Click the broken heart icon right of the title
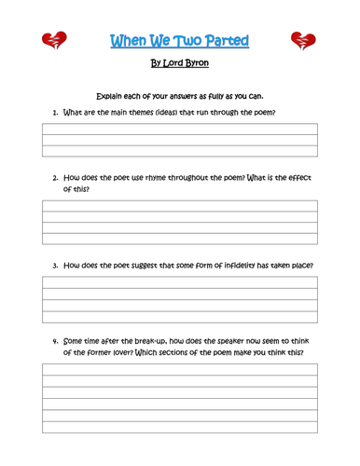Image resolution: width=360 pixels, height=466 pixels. [304, 40]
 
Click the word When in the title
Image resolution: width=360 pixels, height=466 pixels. [127, 40]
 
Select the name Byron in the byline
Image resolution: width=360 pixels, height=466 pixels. [192, 64]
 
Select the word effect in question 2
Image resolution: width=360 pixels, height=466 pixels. [294, 177]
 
